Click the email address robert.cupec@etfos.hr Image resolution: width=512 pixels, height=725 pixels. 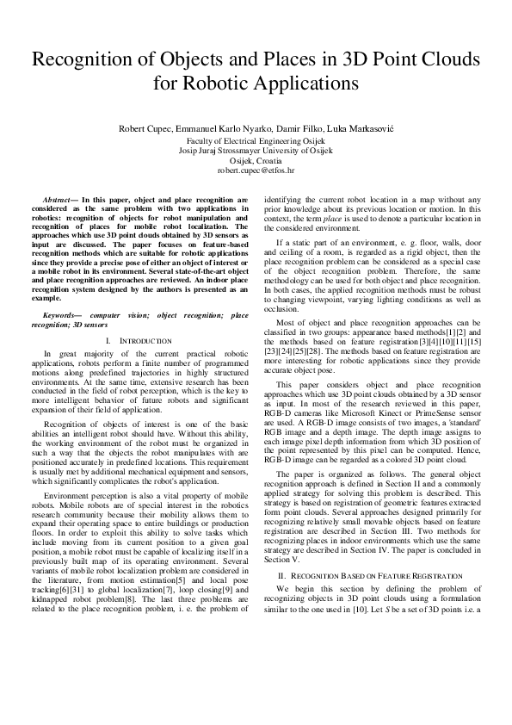click(256, 171)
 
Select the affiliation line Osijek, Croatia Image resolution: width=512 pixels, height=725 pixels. click(256, 161)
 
